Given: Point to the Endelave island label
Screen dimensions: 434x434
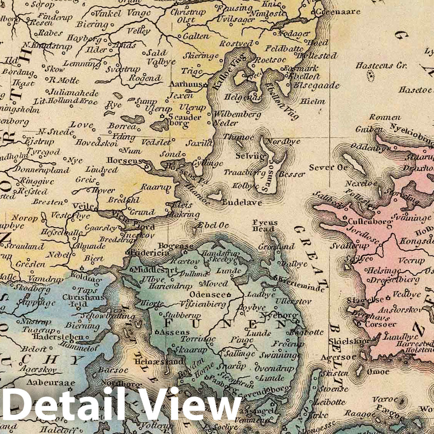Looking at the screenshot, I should (x=242, y=202).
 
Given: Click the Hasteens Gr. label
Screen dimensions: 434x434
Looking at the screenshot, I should (x=380, y=66).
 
